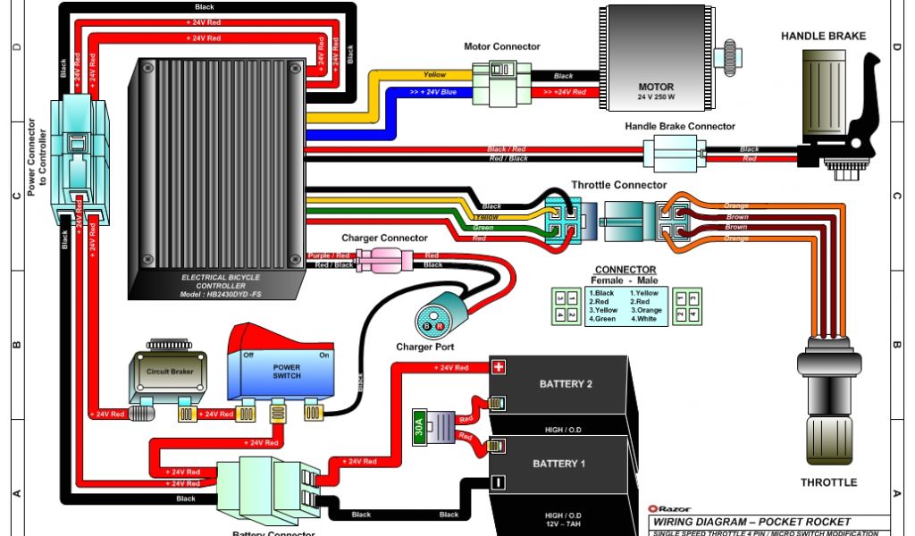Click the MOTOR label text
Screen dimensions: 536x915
tap(655, 88)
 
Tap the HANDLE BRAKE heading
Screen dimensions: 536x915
tap(823, 37)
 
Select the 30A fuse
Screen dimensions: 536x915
tap(419, 427)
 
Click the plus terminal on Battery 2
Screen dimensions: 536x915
tap(499, 366)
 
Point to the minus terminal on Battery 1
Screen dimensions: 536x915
tap(498, 482)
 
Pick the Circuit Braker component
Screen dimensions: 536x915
tap(169, 372)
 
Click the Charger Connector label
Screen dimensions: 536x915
tap(384, 239)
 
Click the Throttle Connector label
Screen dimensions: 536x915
tap(618, 185)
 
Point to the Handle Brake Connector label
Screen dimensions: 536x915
tap(680, 127)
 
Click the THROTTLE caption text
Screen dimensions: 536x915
tap(827, 482)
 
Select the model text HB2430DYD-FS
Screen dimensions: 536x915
tap(219, 295)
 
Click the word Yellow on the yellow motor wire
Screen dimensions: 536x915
tap(434, 75)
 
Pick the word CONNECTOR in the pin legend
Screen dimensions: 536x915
tap(625, 270)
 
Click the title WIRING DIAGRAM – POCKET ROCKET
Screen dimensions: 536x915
tap(751, 522)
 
